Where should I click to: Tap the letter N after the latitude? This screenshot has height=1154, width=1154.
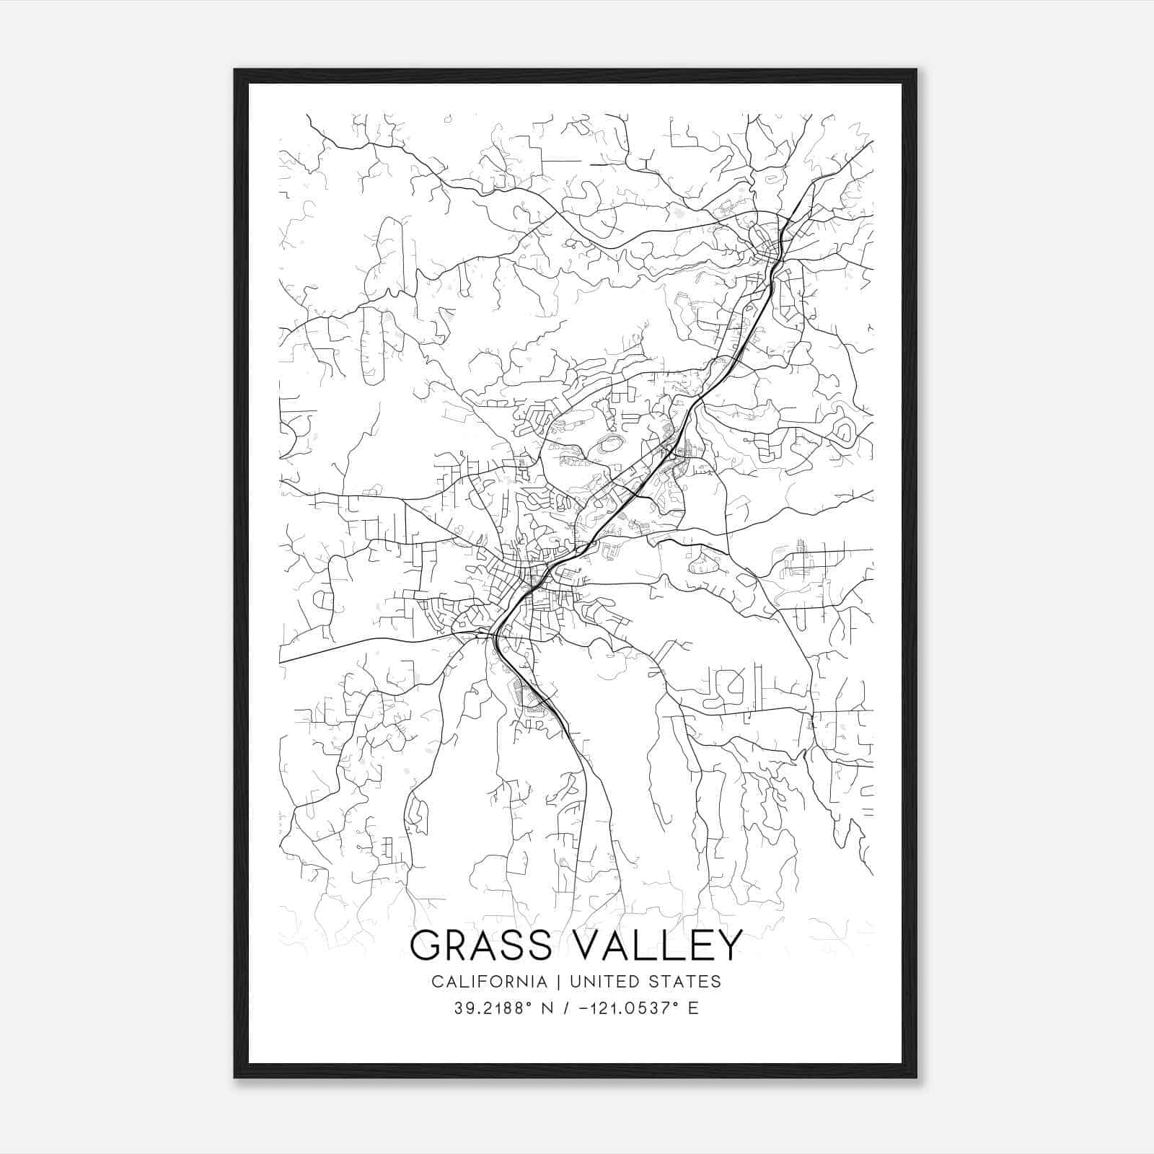pyautogui.click(x=547, y=1008)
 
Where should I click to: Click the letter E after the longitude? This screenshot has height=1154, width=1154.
pyautogui.click(x=693, y=1008)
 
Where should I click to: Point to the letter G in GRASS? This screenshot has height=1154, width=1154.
pyautogui.click(x=426, y=946)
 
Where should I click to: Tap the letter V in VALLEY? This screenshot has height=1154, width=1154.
pyautogui.click(x=577, y=946)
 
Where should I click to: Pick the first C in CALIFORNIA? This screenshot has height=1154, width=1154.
pyautogui.click(x=437, y=981)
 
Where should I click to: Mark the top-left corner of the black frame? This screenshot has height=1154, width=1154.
pyautogui.click(x=236, y=71)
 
